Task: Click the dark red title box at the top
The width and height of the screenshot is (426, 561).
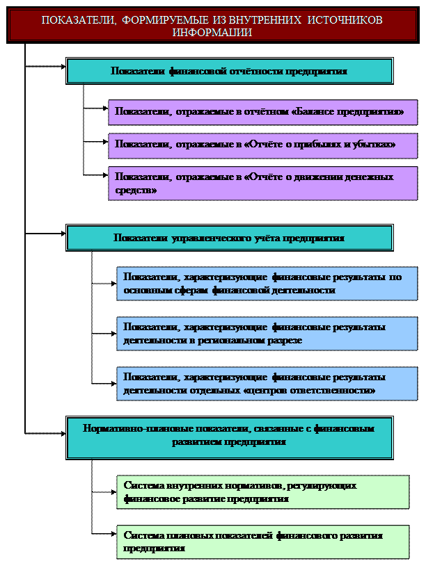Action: [212, 26]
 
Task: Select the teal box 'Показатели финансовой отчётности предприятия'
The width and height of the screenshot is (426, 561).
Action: [229, 71]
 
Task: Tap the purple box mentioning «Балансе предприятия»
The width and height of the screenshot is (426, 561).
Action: [262, 112]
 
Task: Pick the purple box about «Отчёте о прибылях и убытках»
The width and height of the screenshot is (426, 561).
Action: [262, 145]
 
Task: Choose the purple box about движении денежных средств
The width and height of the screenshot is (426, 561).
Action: [262, 183]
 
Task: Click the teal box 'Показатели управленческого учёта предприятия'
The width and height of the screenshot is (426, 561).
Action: [229, 238]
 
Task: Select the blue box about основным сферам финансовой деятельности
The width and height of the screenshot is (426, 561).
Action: [267, 284]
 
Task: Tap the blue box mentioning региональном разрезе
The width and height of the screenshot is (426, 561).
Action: [267, 334]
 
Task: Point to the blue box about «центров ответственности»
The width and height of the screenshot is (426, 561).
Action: [267, 384]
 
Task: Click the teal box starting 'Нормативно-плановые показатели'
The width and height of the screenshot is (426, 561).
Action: [229, 436]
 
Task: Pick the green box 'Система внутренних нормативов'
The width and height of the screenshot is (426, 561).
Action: [267, 492]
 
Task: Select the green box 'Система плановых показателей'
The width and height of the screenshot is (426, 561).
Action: [267, 542]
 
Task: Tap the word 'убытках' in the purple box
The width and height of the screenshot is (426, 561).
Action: [377, 145]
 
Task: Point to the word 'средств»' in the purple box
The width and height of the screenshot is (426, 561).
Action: [136, 189]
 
